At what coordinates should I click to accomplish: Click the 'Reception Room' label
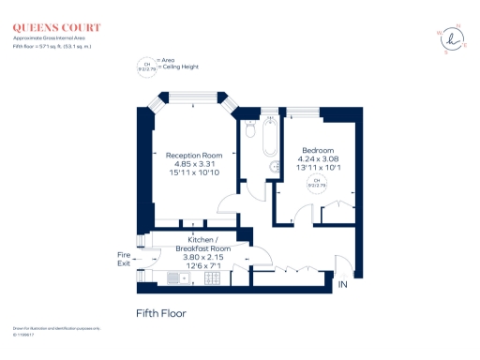(x=194, y=155)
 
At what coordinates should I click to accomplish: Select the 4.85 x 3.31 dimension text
(x=194, y=164)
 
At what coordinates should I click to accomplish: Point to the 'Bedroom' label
(x=317, y=150)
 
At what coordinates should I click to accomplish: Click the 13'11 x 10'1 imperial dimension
(x=317, y=168)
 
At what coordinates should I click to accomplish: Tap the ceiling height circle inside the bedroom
(x=317, y=183)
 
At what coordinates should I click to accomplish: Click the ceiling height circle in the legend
(x=146, y=66)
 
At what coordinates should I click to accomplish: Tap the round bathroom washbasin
(x=276, y=167)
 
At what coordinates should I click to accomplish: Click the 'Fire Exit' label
(x=123, y=259)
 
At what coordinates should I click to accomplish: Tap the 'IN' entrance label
(x=342, y=283)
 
